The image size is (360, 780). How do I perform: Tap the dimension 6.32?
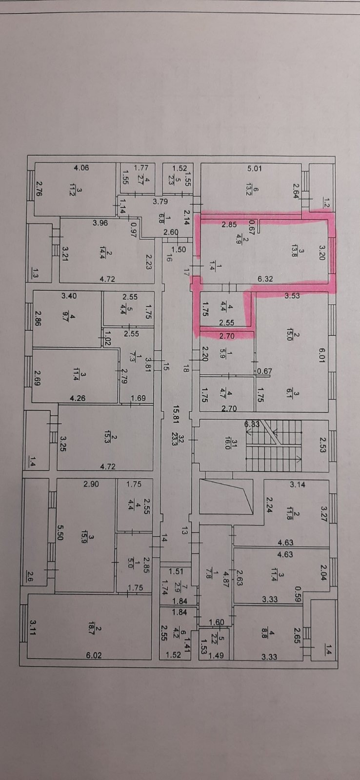265,279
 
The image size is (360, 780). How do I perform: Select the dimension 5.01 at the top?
255,169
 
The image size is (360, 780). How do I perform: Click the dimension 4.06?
81,168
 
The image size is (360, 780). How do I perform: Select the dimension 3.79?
160,201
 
